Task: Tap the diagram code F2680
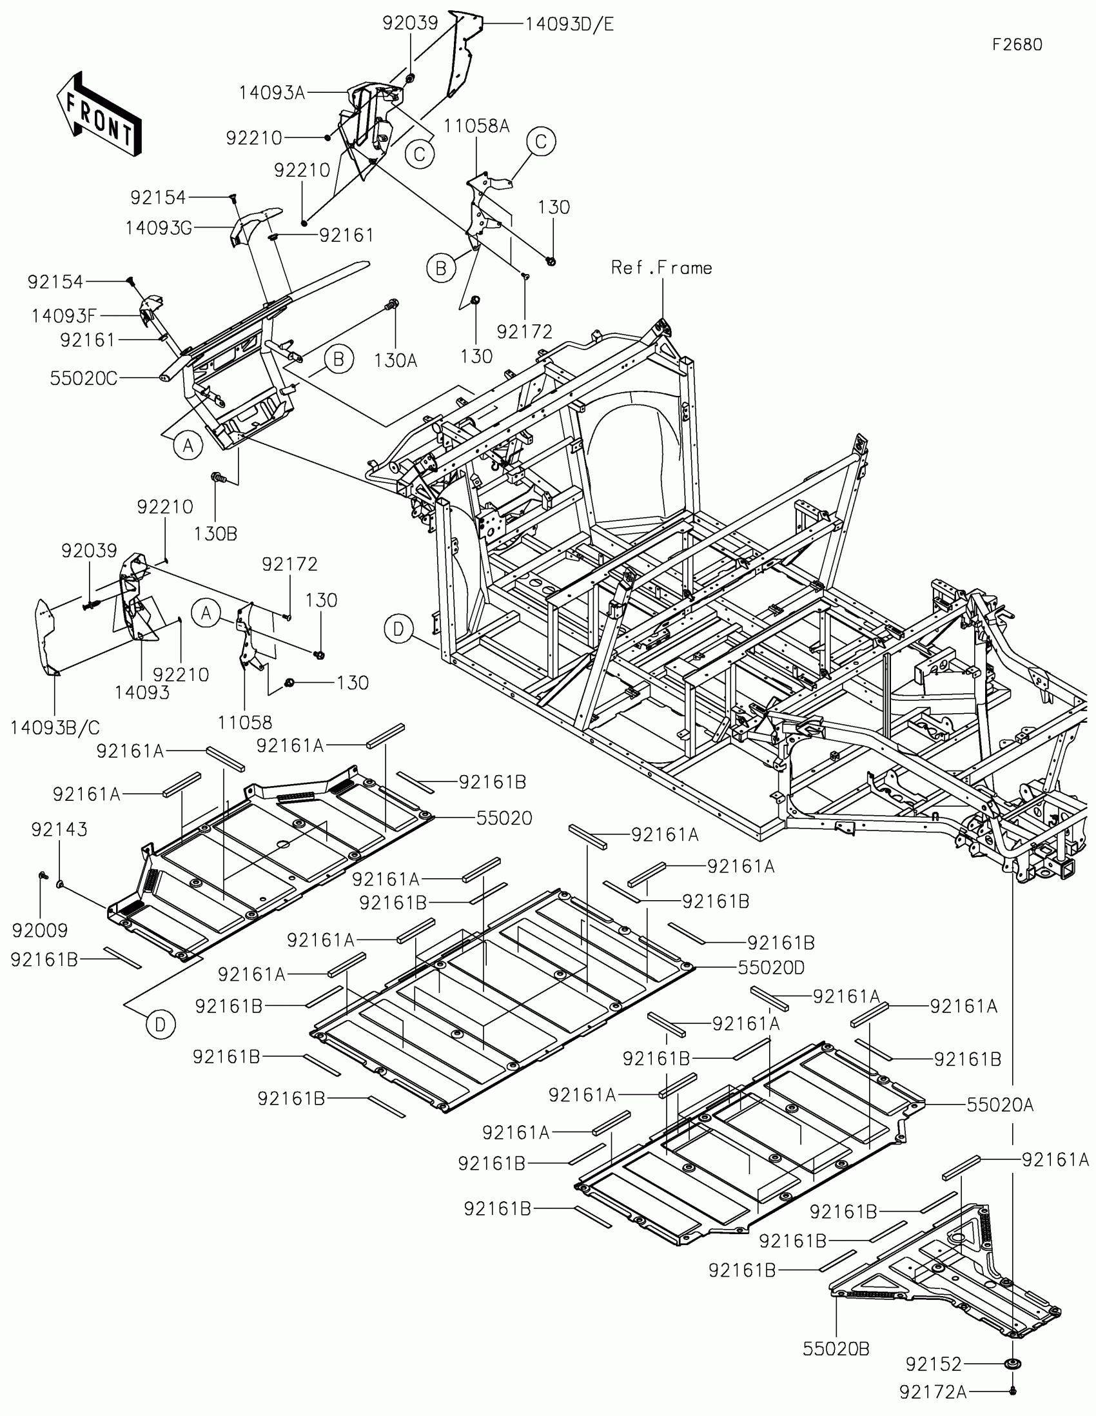(1017, 44)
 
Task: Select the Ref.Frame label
(661, 268)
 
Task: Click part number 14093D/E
(569, 25)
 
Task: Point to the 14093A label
(271, 93)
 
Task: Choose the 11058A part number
(476, 126)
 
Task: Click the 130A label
(395, 360)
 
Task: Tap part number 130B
(215, 534)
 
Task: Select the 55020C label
(84, 379)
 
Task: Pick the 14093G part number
(159, 228)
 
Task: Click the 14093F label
(64, 316)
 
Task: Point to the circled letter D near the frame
(398, 628)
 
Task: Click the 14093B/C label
(55, 727)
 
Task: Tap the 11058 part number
(245, 722)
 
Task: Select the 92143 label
(59, 829)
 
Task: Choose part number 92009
(39, 930)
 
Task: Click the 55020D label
(770, 968)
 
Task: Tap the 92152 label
(934, 1364)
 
